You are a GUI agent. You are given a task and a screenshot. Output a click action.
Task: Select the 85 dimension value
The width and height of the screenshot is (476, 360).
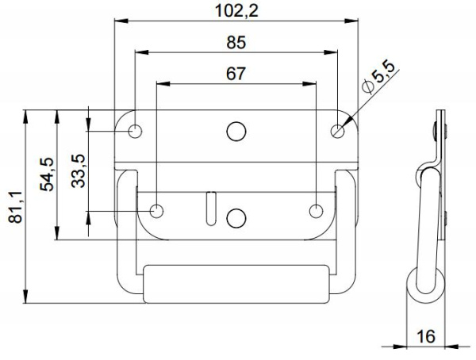[x=236, y=42]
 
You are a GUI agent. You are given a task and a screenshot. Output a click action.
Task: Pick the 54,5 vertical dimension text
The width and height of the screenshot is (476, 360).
[x=47, y=174]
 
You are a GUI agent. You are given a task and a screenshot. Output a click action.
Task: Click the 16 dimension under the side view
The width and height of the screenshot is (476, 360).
[x=426, y=337]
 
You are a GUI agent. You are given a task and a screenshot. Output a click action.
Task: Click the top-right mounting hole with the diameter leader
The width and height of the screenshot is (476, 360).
[x=338, y=130]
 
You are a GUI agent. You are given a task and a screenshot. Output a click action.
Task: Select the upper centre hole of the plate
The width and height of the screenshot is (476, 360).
[x=236, y=131]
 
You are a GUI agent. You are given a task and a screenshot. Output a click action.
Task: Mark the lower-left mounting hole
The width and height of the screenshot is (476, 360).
[x=157, y=210]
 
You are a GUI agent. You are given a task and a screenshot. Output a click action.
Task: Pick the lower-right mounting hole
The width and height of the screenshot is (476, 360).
[x=317, y=210]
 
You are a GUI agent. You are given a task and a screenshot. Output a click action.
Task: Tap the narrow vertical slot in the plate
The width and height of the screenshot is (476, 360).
[x=210, y=208]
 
